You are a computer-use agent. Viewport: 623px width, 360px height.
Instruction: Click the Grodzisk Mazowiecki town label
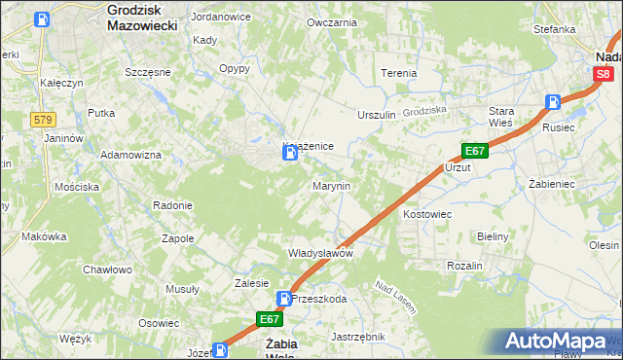pos(141,17)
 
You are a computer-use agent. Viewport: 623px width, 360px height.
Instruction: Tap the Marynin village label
pos(331,185)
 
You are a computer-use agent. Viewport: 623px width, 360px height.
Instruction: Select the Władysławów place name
pos(319,253)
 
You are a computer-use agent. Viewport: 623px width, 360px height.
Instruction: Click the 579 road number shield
pos(43,120)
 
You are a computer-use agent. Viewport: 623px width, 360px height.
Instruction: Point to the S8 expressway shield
pos(604,74)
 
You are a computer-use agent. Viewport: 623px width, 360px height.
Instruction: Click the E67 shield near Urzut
pos(474,152)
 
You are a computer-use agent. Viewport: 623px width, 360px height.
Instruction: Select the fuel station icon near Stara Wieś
pos(553,101)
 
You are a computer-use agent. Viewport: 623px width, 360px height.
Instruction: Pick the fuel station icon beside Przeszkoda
pos(284,299)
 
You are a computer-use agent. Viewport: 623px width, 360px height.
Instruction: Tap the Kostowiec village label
pos(426,212)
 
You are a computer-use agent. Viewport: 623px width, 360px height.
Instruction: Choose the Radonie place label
pos(172,205)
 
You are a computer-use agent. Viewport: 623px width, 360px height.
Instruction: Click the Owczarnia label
pos(331,21)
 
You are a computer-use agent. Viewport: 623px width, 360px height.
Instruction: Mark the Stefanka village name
pos(554,29)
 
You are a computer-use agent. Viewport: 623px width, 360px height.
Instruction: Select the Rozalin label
pos(464,265)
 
